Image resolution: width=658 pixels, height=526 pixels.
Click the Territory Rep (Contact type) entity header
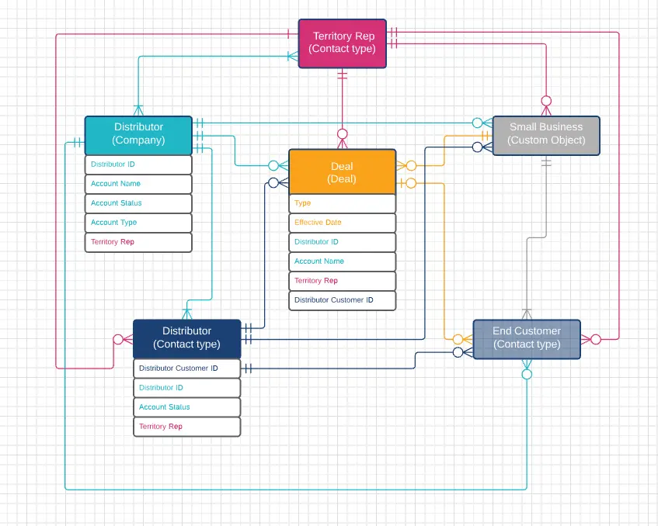pos(342,43)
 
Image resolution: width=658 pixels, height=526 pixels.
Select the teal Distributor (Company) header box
pos(138,134)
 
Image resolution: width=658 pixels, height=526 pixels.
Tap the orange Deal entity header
pos(342,172)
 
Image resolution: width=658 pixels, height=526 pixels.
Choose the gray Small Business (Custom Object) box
pos(546,134)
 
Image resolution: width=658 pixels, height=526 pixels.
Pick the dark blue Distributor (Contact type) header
pos(186,337)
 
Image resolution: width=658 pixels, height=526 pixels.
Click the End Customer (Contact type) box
pos(527,337)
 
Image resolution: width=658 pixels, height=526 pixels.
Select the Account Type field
pos(138,223)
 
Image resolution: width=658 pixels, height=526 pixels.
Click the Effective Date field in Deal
pos(342,223)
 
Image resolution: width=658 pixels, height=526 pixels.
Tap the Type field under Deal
pos(342,203)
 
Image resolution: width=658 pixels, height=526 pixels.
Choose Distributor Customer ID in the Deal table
pos(342,300)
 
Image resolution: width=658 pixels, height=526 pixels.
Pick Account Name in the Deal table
pos(342,261)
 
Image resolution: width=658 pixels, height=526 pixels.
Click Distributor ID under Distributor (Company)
pos(138,164)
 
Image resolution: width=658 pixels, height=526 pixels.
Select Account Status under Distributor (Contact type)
pos(186,407)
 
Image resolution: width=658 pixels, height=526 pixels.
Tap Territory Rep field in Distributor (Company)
pos(138,242)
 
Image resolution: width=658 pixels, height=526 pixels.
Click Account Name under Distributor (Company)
pos(138,184)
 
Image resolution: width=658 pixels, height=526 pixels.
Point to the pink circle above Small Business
pos(546,101)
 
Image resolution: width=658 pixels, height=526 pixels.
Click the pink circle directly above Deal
pos(342,134)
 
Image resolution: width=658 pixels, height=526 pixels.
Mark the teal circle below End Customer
pos(527,374)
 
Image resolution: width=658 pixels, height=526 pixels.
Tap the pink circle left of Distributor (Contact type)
pos(118,339)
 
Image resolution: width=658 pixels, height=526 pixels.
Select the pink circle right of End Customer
pos(596,339)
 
